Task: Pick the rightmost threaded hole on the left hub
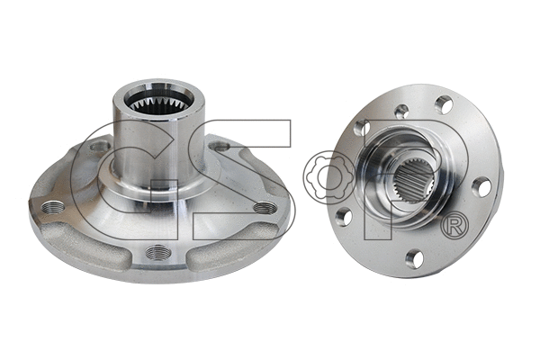point(264,208)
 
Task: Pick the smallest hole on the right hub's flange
point(402,112)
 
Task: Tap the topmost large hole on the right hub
point(444,104)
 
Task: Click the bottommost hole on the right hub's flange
point(414,258)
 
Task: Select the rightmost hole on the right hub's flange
point(481,187)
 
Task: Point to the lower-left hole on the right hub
point(343,217)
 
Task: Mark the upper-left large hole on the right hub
point(360,130)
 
